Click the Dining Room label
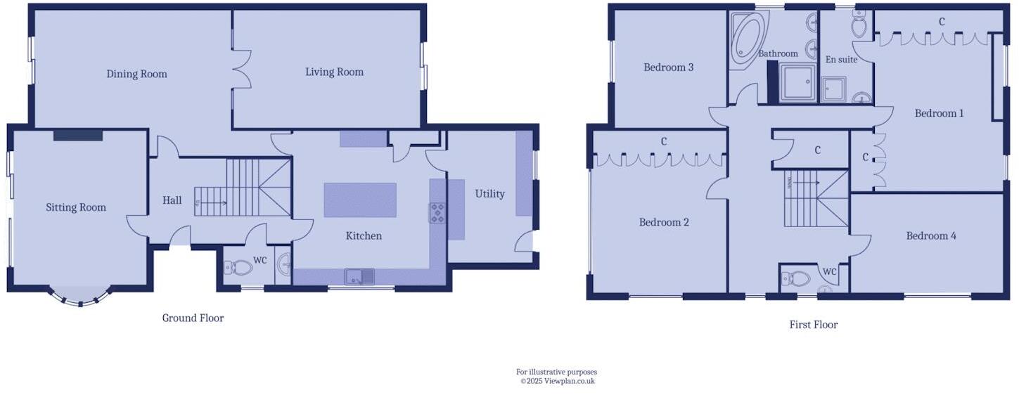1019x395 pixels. click(x=136, y=74)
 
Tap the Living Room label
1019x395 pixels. click(x=334, y=72)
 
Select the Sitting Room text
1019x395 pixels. click(x=76, y=207)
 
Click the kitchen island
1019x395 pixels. click(x=360, y=200)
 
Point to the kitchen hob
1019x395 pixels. click(x=437, y=213)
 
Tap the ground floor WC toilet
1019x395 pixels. click(x=239, y=268)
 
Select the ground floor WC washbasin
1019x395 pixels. click(x=284, y=266)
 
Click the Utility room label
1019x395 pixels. click(x=489, y=194)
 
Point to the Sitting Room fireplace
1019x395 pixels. click(x=78, y=135)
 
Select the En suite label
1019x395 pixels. click(x=841, y=60)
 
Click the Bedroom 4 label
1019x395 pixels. click(x=930, y=236)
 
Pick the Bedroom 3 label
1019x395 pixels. click(x=669, y=67)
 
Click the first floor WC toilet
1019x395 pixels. click(x=797, y=278)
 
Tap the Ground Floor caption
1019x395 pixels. click(x=193, y=318)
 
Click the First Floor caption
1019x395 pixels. click(x=813, y=325)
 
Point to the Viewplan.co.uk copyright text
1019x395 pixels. click(x=557, y=381)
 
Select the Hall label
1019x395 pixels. click(x=172, y=201)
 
